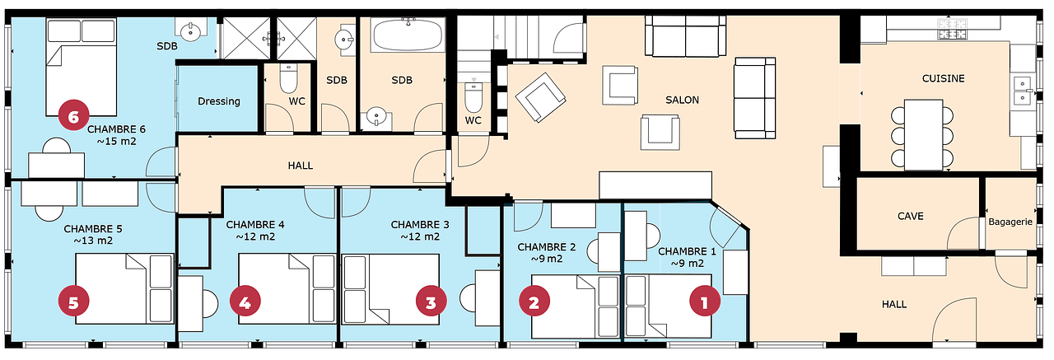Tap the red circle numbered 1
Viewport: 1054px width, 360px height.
tap(703, 302)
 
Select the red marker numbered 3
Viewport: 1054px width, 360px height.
tap(431, 302)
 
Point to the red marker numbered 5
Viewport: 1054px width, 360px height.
tap(73, 302)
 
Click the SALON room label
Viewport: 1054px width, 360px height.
tap(682, 101)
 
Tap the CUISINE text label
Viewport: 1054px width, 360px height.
tap(943, 79)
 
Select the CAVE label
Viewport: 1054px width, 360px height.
tap(910, 217)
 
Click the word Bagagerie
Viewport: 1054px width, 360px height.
tap(1010, 222)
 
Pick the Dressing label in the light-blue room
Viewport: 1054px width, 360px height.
tap(219, 101)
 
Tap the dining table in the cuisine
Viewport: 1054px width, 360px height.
tap(922, 133)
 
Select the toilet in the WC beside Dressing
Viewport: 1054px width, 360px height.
tap(288, 80)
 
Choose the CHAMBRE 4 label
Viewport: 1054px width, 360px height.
tap(254, 224)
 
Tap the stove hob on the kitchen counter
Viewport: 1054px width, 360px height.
tap(952, 30)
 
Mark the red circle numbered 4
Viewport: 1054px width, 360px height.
tap(244, 302)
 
